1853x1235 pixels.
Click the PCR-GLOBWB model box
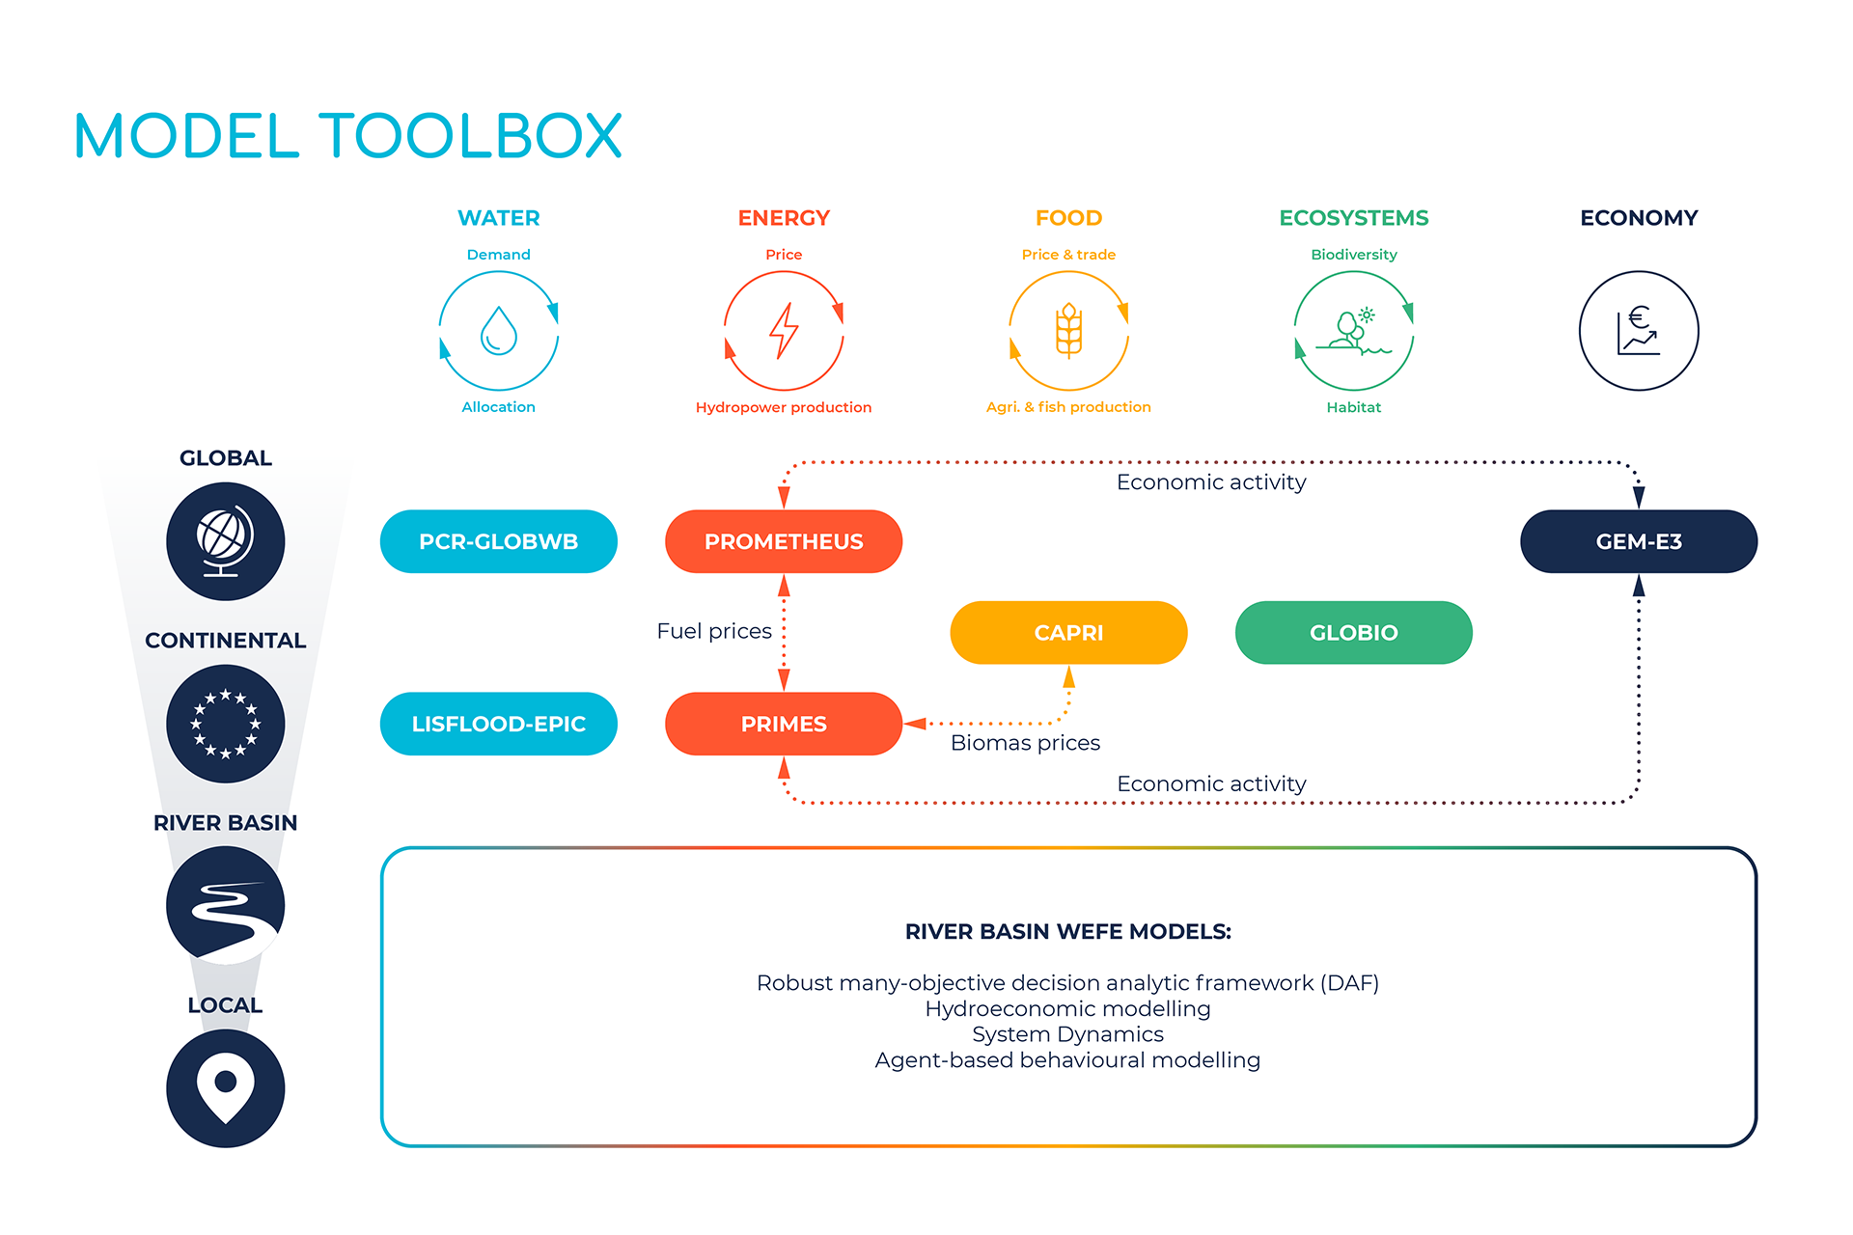pos(498,541)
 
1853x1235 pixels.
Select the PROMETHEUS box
pos(783,541)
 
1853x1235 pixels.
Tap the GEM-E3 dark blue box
pos(1638,541)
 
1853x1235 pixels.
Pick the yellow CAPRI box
pos(1068,633)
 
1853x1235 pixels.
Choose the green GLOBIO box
pos(1353,633)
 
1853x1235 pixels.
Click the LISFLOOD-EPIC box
pos(498,724)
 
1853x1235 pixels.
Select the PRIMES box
pos(783,724)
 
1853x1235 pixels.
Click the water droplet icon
pos(498,331)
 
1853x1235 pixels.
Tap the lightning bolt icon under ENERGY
pos(783,331)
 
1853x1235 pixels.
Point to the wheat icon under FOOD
pos(1068,331)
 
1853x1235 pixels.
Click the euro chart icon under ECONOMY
pos(1638,331)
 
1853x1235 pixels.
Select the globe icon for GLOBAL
pos(225,541)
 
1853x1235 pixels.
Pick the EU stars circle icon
pos(225,724)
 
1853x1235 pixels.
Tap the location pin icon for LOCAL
pos(225,1088)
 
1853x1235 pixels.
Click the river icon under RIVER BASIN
pos(225,906)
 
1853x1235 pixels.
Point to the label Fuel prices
pos(713,631)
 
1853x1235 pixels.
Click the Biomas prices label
pos(1025,743)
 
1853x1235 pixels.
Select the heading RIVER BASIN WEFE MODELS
pos(1067,932)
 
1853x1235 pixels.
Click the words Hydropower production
pos(783,407)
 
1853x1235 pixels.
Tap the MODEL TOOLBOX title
pos(347,136)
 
